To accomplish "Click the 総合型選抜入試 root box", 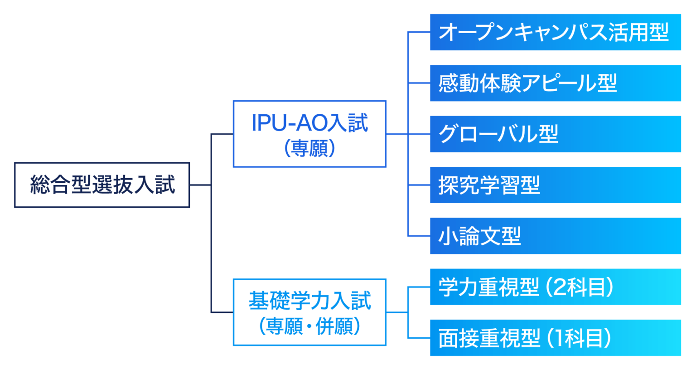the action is coord(102,185).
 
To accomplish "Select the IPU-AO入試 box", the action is coord(309,134).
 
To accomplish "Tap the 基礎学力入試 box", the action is coord(309,312).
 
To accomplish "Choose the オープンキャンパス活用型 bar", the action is coord(556,32).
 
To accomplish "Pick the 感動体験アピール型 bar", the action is coord(556,83).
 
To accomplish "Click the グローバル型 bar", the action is coord(556,134).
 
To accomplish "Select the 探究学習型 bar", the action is coord(556,185).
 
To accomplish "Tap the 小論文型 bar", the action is coord(556,236).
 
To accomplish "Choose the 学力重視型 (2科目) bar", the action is coord(556,287).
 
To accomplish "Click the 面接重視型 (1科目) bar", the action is coord(556,338).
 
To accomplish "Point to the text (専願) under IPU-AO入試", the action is coord(310,148).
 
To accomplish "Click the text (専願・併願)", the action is coord(310,326).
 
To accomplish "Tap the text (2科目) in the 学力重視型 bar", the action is coord(580,287).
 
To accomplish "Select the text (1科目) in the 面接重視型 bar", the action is coord(579,338).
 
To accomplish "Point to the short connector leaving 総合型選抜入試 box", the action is coord(200,185).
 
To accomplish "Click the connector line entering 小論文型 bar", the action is coord(419,236).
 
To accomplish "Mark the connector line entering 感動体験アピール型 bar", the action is coord(419,83).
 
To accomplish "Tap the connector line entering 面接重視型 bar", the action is coord(419,338).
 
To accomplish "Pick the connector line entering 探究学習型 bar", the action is coord(419,185).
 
